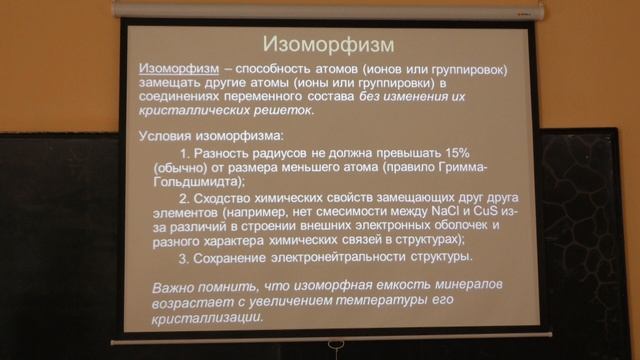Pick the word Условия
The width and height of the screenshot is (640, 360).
click(x=169, y=134)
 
